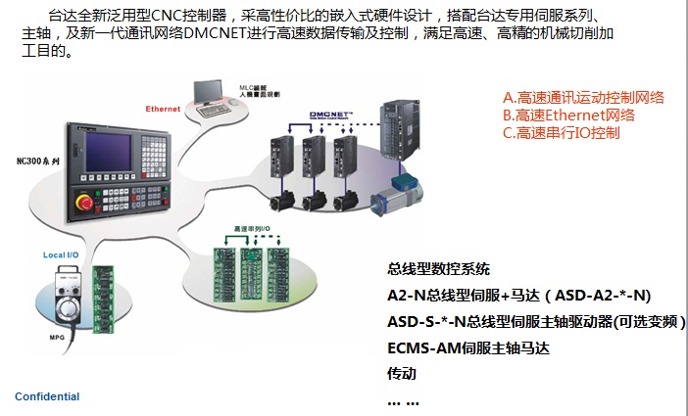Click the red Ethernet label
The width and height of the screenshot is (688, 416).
pos(163,108)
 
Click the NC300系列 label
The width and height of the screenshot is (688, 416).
pos(38,159)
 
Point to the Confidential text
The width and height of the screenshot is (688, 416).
pos(47,396)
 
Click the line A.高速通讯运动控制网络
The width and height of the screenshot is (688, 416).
pos(583,97)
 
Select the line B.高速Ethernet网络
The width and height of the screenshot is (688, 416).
pos(568,115)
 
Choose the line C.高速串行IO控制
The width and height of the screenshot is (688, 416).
pos(561,132)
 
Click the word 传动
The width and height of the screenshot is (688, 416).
pos(402,373)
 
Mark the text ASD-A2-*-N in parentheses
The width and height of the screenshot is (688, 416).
pos(597,295)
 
